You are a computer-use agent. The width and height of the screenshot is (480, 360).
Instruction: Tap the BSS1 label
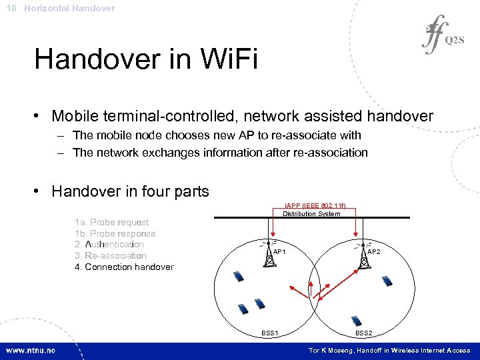(270, 333)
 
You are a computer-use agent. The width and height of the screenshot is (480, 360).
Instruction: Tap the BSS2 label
(364, 333)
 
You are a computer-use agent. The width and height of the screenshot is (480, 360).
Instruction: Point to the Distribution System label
(311, 213)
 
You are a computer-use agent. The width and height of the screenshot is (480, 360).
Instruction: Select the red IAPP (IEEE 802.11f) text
(311, 206)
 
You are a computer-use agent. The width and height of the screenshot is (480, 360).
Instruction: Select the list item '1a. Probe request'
(112, 223)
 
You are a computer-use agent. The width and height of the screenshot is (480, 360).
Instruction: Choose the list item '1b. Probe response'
(115, 234)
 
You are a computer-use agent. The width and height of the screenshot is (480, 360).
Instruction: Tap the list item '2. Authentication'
(109, 245)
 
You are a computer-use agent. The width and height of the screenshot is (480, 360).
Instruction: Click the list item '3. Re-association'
(111, 255)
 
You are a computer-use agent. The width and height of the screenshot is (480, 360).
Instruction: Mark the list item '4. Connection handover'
(124, 267)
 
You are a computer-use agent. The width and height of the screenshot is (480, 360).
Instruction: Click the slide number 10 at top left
(11, 8)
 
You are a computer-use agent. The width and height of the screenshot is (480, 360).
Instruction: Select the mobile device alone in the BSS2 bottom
(357, 321)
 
